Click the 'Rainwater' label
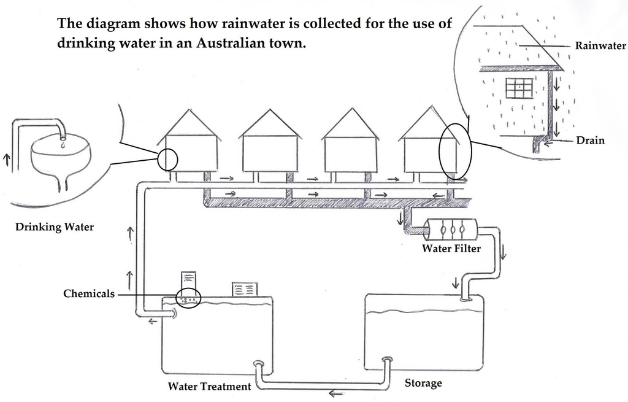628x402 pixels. pos(600,45)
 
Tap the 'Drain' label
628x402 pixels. pos(590,141)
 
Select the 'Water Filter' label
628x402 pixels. pos(451,249)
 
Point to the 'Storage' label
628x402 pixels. pos(423,383)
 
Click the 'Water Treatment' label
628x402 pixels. pos(209,387)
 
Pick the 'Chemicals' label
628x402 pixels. pos(89,294)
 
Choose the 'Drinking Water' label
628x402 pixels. pos(55,227)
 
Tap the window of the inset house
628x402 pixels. pos(519,88)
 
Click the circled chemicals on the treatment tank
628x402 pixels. pos(188,298)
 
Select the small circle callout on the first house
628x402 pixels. pos(167,160)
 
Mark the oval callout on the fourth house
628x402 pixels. pos(455,151)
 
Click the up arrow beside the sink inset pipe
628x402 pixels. pos(7,160)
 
